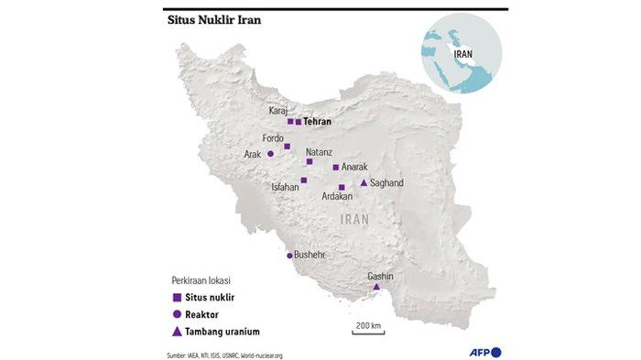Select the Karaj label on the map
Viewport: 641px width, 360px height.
[278, 111]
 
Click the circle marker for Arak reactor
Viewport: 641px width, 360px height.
[270, 154]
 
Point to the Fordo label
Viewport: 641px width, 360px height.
[274, 138]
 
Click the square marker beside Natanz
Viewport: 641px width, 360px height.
[310, 161]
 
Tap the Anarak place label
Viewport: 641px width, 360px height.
[353, 167]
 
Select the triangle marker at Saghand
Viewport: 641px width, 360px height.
[364, 183]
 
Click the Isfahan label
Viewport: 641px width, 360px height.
[285, 188]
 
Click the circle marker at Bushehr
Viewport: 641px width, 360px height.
[290, 256]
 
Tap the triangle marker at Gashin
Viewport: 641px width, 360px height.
[376, 288]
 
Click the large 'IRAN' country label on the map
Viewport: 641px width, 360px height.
[353, 220]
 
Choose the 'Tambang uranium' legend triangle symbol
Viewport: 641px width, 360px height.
[176, 331]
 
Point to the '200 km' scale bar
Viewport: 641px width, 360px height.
[368, 329]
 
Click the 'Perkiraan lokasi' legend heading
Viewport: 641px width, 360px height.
[201, 279]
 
